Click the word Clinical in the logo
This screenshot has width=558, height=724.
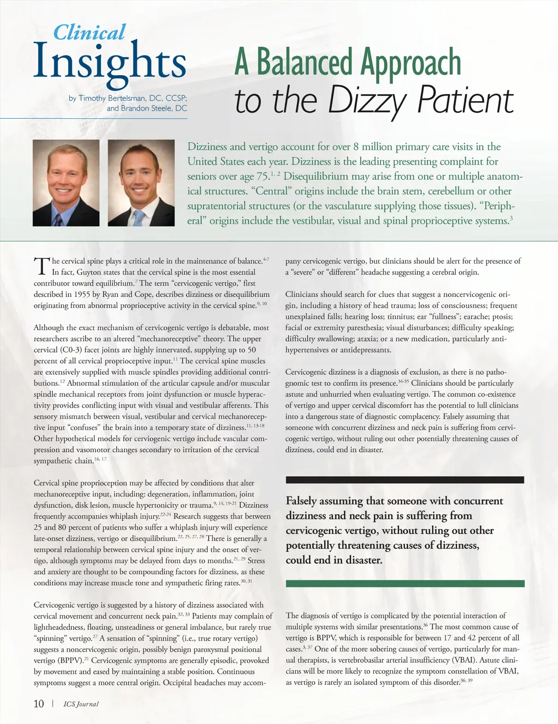click(x=89, y=33)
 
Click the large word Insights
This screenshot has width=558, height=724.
click(x=110, y=63)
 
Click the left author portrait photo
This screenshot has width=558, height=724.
click(x=66, y=183)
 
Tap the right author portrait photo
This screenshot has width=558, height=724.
click(x=141, y=183)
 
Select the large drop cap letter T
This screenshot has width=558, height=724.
click(x=42, y=266)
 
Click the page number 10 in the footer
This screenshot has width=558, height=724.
click(x=39, y=704)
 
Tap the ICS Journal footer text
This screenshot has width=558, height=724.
click(x=81, y=704)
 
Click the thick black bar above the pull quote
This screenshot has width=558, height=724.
click(x=404, y=480)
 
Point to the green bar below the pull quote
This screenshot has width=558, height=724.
click(x=404, y=583)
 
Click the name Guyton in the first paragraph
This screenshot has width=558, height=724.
click(x=88, y=272)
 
